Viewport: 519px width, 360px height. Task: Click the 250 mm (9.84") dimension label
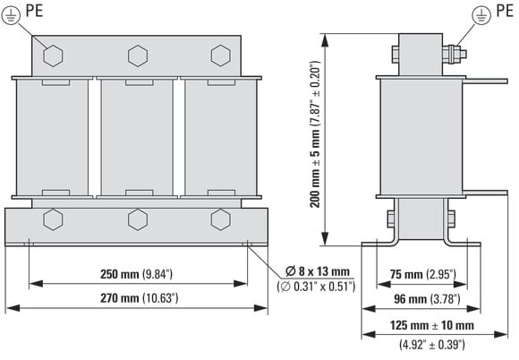pyautogui.click(x=136, y=274)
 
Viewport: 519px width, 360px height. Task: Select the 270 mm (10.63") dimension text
pyautogui.click(x=140, y=298)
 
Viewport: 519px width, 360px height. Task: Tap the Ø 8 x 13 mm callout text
pyautogui.click(x=318, y=271)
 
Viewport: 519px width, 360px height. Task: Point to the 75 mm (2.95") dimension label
pyautogui.click(x=423, y=274)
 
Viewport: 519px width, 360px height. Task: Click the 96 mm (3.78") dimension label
pyautogui.click(x=427, y=299)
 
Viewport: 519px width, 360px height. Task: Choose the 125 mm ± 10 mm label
pyautogui.click(x=432, y=325)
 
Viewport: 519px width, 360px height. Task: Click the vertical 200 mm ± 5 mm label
pyautogui.click(x=315, y=133)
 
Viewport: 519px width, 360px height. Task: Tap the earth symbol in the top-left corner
pyautogui.click(x=11, y=15)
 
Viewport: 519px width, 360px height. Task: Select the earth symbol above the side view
pyautogui.click(x=481, y=15)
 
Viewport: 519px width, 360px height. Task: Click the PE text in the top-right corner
pyautogui.click(x=505, y=11)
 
